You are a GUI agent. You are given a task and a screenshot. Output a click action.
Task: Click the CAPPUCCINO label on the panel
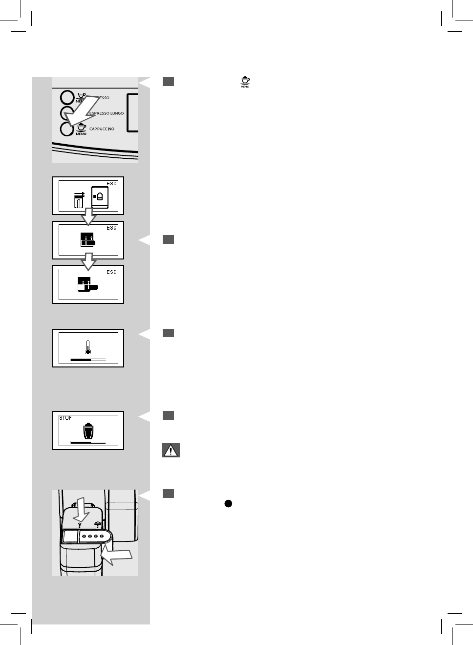[102, 129]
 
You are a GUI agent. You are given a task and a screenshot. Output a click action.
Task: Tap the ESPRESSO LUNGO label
[107, 113]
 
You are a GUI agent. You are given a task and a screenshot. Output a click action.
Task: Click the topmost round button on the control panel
[67, 98]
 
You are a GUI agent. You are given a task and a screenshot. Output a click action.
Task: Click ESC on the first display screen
[112, 184]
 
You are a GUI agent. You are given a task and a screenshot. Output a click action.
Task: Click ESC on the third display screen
[112, 272]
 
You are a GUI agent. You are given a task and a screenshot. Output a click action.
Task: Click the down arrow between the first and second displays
[88, 217]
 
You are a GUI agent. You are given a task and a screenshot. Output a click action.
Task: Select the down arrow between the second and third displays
[88, 261]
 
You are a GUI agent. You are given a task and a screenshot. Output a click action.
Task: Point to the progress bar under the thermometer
[88, 360]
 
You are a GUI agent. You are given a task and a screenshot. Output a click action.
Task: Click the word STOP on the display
[65, 418]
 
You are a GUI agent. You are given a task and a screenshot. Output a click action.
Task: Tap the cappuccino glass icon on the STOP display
[88, 431]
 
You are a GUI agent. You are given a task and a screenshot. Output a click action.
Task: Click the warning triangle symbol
[171, 451]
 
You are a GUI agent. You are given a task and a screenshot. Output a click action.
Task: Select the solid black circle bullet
[228, 503]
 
